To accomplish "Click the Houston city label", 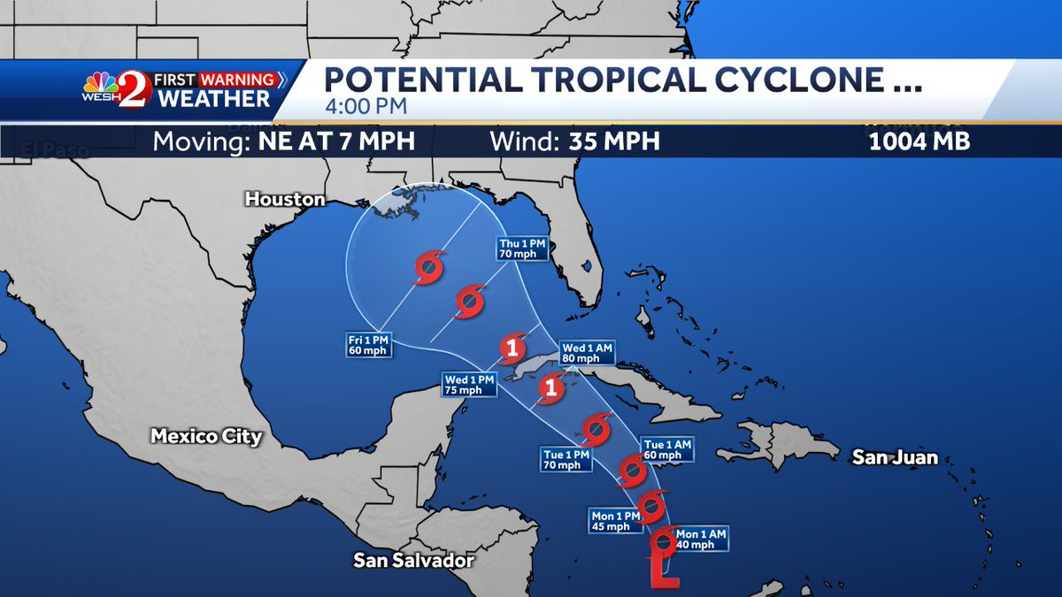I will [x=285, y=200].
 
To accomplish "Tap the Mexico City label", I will [x=206, y=436].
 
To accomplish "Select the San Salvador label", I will [x=414, y=560].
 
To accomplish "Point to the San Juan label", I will [x=895, y=457].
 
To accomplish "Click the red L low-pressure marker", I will [x=664, y=569].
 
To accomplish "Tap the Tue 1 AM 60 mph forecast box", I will [x=664, y=450].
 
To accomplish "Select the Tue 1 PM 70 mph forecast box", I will [x=566, y=459].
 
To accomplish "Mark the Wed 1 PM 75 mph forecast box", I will [x=469, y=384].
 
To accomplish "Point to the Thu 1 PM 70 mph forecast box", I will [x=520, y=249].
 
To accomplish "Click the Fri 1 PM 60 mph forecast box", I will [x=368, y=344].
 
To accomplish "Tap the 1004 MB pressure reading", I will [x=920, y=142].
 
